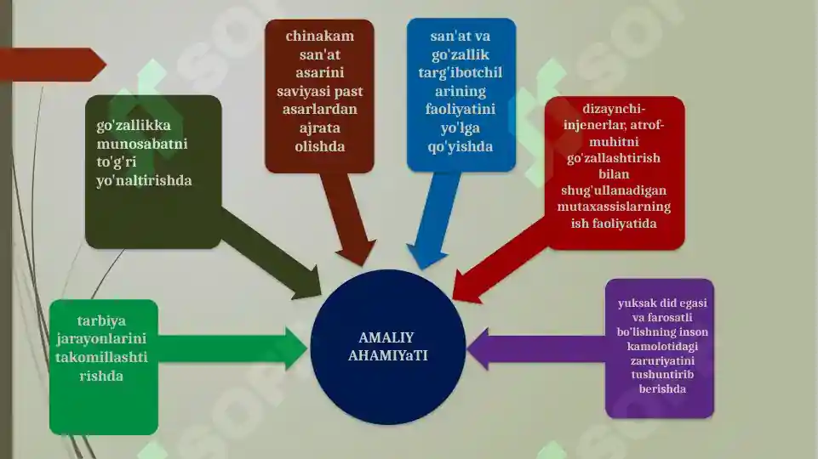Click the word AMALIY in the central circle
coord(386,337)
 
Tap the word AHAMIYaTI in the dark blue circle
coord(387,355)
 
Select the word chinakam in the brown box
coord(320,36)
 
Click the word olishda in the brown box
coord(320,146)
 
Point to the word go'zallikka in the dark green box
coord(134,126)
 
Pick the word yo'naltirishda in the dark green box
coord(144,181)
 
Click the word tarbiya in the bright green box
coord(101,321)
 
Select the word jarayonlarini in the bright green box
coord(101,339)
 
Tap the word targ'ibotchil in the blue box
coord(460,72)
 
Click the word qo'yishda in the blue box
coord(460,146)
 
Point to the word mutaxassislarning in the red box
coord(614,207)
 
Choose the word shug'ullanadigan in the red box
coord(614,190)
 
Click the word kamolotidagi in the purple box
coord(662,346)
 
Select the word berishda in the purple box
coord(662,388)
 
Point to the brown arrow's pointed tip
coord(363,266)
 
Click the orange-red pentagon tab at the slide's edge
coord(52,65)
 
